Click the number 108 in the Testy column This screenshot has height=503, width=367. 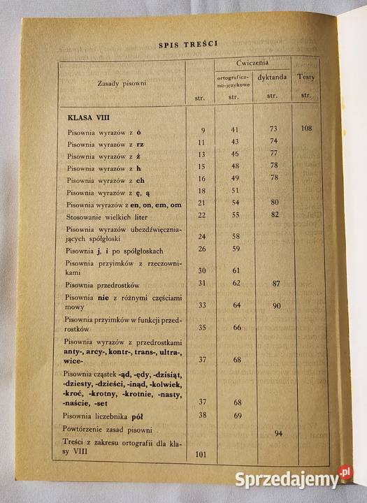(x=305, y=129)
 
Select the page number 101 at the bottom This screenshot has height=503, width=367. (x=201, y=454)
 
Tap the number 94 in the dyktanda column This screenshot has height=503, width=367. (x=278, y=433)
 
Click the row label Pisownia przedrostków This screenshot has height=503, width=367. (x=103, y=284)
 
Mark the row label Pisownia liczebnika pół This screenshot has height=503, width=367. (x=104, y=416)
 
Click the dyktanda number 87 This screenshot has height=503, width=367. (x=276, y=284)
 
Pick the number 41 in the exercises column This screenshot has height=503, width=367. (x=235, y=130)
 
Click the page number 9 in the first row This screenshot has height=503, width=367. (x=203, y=131)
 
